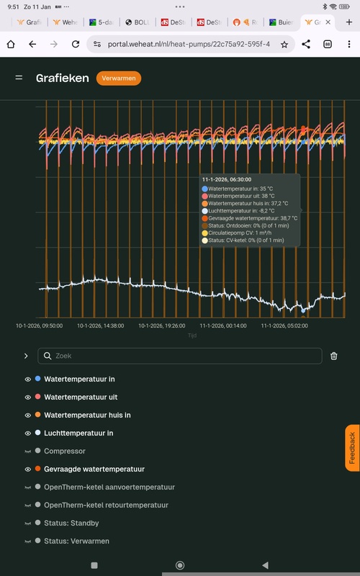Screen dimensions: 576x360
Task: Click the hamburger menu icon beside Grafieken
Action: point(19,77)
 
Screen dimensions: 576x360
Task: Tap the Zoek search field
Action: point(180,356)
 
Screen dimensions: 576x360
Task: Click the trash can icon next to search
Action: point(334,356)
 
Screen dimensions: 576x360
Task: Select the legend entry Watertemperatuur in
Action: point(79,379)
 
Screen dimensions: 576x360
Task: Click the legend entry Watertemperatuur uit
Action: point(81,397)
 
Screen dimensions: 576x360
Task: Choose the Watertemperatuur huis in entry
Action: point(87,415)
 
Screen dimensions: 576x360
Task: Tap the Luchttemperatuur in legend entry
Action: point(78,433)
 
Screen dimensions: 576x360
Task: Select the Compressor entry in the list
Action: point(65,451)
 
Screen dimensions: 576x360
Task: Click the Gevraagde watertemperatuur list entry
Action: point(94,469)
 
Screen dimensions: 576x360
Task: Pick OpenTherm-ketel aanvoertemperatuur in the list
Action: point(109,487)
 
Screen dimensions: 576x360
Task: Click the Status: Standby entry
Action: point(71,523)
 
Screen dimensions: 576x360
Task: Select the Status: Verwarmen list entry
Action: point(76,541)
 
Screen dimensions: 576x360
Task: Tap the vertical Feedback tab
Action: point(352,448)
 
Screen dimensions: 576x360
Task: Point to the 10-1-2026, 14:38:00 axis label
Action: point(100,325)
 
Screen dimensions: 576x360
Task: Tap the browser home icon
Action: point(11,45)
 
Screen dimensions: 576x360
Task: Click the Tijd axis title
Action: point(192,336)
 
